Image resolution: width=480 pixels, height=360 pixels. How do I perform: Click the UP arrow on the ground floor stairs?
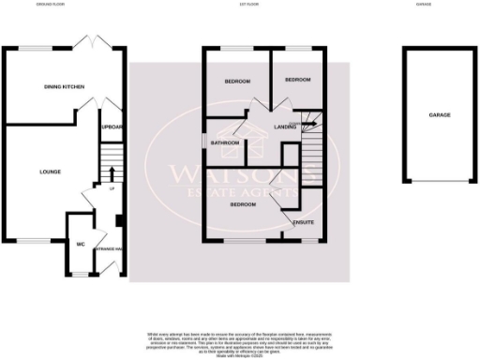point(111,173)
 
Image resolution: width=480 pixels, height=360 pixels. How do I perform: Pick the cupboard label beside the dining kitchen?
point(112,127)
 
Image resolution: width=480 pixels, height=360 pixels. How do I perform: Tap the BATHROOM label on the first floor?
point(225,143)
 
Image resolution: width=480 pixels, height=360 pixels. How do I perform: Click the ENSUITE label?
point(303,222)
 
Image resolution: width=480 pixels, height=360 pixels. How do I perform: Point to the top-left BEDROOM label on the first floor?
point(237,82)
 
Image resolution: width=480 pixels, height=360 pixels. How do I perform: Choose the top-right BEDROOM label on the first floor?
point(297,80)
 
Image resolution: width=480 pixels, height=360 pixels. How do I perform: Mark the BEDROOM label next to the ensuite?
point(244,203)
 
